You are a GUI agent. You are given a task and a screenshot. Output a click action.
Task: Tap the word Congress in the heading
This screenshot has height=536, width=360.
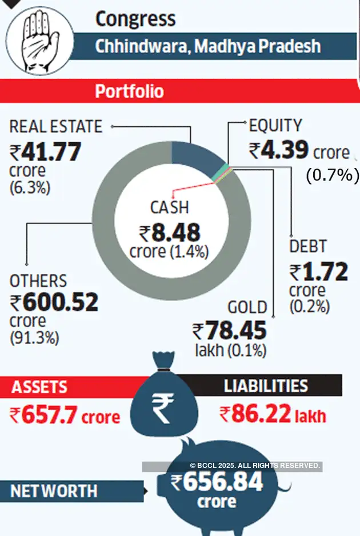[135, 19]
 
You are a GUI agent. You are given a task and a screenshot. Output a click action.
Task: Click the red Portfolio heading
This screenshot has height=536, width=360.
[129, 91]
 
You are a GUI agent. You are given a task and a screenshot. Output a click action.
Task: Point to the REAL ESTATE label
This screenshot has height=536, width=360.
[56, 126]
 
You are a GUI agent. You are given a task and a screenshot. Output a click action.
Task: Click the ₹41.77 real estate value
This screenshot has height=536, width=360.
[46, 153]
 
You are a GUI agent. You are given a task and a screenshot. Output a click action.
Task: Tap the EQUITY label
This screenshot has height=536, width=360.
[275, 126]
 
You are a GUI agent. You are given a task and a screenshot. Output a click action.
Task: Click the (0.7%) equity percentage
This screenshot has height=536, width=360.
[332, 175]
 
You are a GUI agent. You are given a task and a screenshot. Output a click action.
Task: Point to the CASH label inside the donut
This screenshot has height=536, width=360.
[169, 207]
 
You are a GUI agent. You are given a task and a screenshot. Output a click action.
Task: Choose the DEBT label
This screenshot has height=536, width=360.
[308, 247]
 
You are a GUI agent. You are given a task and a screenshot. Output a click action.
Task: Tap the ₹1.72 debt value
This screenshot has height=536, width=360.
[318, 273]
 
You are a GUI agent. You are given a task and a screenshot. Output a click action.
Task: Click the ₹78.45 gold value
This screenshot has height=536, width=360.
[229, 331]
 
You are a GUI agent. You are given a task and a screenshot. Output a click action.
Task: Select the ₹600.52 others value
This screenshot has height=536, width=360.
[54, 302]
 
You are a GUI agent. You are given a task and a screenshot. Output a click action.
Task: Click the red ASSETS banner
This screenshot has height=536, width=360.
[40, 387]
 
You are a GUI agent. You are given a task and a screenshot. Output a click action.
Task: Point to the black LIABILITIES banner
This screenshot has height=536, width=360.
[266, 386]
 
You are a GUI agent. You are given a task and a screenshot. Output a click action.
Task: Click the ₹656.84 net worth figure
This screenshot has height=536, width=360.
[217, 483]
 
